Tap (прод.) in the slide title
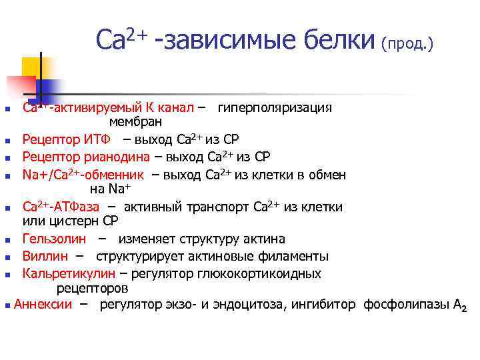click(x=407, y=44)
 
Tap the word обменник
click(x=115, y=175)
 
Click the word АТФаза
click(x=75, y=207)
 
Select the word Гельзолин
click(x=53, y=239)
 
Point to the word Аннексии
click(x=43, y=305)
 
